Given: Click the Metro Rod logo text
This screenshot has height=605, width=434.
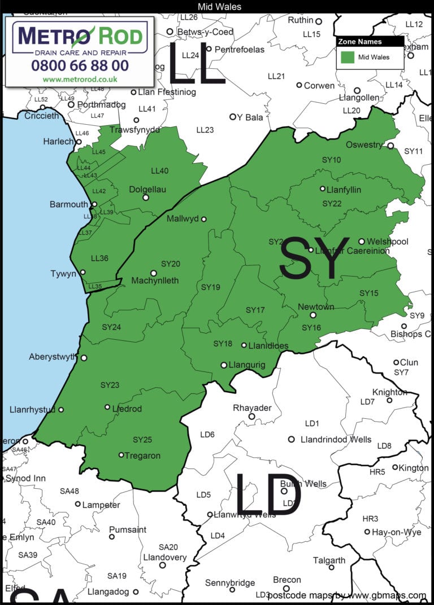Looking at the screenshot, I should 80,36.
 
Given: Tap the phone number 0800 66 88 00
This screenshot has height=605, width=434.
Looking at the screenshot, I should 80,65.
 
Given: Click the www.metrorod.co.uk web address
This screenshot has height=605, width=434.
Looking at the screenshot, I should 80,80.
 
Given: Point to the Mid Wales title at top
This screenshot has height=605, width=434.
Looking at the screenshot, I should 220,7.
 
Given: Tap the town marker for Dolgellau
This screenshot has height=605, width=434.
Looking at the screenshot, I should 145,198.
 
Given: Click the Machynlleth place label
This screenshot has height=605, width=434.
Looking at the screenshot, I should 155,280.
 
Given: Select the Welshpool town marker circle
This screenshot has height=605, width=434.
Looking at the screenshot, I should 362,242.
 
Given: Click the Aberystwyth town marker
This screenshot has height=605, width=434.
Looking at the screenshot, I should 84,358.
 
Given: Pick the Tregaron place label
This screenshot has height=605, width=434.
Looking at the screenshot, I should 143,455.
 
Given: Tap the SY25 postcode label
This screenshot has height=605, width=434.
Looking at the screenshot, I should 142,440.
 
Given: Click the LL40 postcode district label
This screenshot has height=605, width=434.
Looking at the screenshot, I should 159,171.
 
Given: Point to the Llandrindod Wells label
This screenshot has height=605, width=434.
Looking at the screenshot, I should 336,440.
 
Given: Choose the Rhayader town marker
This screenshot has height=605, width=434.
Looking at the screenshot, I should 252,417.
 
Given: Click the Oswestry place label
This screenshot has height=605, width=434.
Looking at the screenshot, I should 364,145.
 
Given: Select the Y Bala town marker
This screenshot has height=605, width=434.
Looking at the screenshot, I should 232,117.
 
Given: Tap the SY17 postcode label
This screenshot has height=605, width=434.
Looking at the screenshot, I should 255,310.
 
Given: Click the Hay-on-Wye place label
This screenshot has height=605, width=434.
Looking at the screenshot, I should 397,532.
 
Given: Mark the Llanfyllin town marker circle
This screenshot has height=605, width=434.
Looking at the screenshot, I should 323,189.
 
